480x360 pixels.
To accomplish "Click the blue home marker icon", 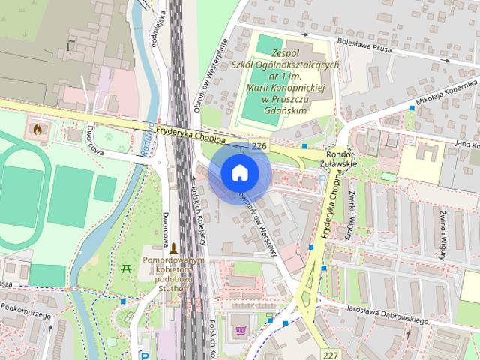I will pyautogui.click(x=239, y=172).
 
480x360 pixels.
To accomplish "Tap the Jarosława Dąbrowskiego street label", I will pyautogui.click(x=387, y=314).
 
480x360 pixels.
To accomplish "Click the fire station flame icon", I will pyautogui.click(x=36, y=128).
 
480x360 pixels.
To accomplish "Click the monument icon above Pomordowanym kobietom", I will pyautogui.click(x=174, y=247).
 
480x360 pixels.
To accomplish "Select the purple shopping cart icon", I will pyautogui.click(x=241, y=330).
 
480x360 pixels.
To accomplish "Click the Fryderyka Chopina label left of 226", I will pyautogui.click(x=192, y=134).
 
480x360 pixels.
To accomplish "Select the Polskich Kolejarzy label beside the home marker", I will pyautogui.click(x=199, y=217).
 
